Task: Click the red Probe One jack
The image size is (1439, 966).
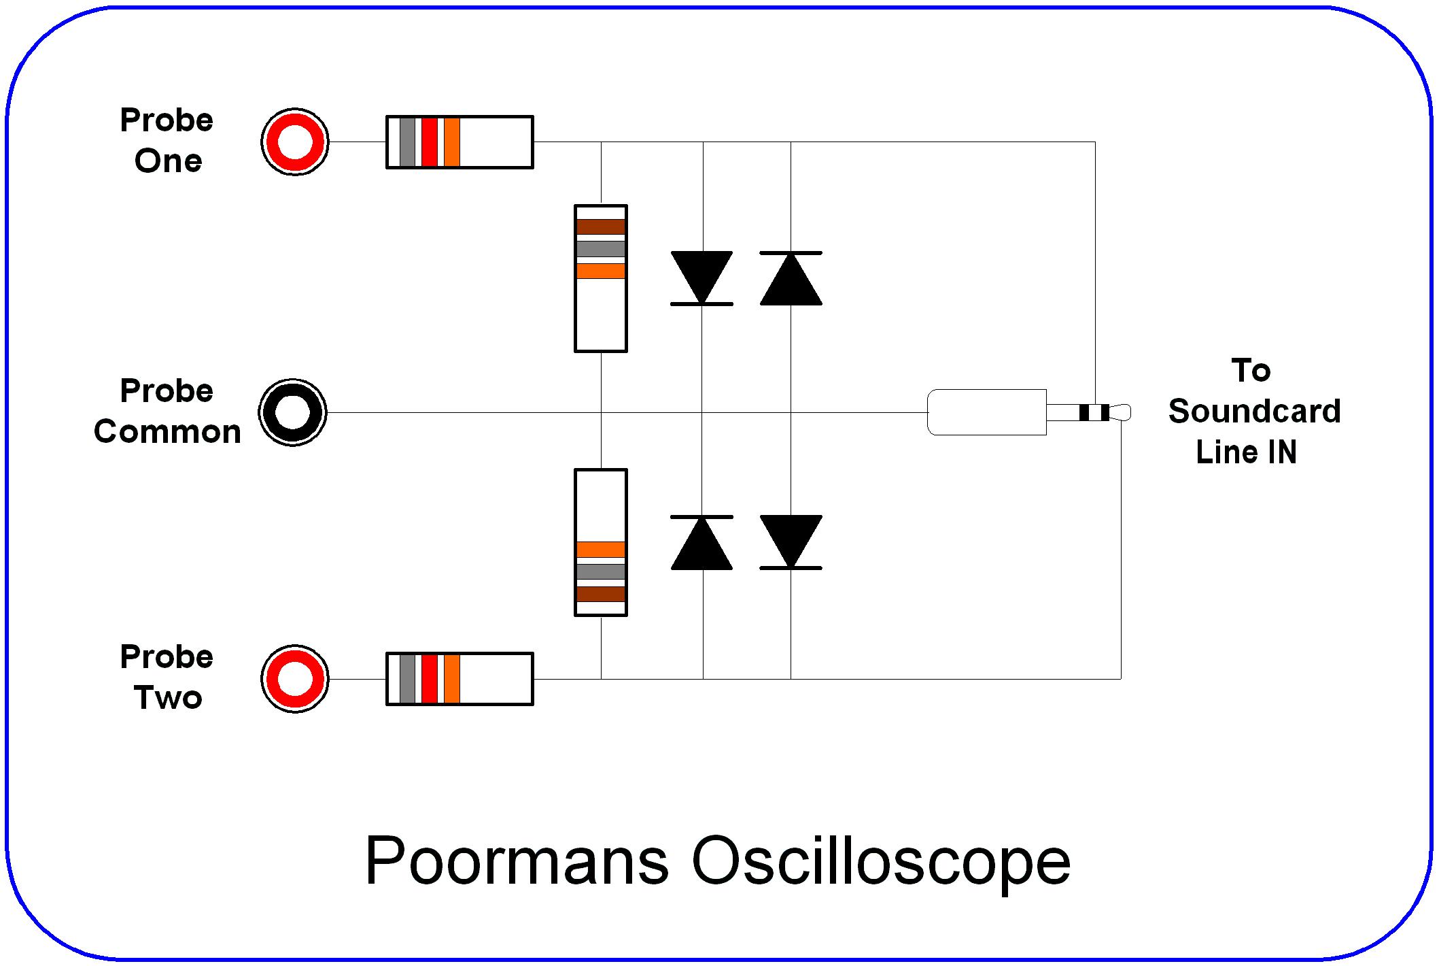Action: (295, 141)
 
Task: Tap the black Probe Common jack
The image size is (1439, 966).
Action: (293, 412)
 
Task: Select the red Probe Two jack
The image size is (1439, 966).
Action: (295, 678)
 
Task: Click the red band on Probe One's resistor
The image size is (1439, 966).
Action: (429, 141)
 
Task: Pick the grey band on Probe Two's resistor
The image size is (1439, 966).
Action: (407, 678)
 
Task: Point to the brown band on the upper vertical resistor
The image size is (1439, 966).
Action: (601, 227)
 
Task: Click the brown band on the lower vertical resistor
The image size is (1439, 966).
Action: (601, 593)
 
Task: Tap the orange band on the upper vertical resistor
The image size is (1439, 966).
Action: (601, 271)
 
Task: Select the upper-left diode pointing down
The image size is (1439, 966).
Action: (701, 276)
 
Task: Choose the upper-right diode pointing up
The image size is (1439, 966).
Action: (791, 280)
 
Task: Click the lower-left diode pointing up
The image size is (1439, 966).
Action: (701, 544)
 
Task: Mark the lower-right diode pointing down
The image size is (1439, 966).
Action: (791, 540)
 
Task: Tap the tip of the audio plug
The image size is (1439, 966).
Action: (1122, 412)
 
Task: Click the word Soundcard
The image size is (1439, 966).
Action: (1254, 412)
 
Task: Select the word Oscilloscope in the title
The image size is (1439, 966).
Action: (881, 861)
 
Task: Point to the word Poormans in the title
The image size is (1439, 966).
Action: (517, 860)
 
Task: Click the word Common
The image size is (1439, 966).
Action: (167, 432)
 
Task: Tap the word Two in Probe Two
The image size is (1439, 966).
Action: (168, 698)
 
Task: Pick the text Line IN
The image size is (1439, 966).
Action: (1246, 452)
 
